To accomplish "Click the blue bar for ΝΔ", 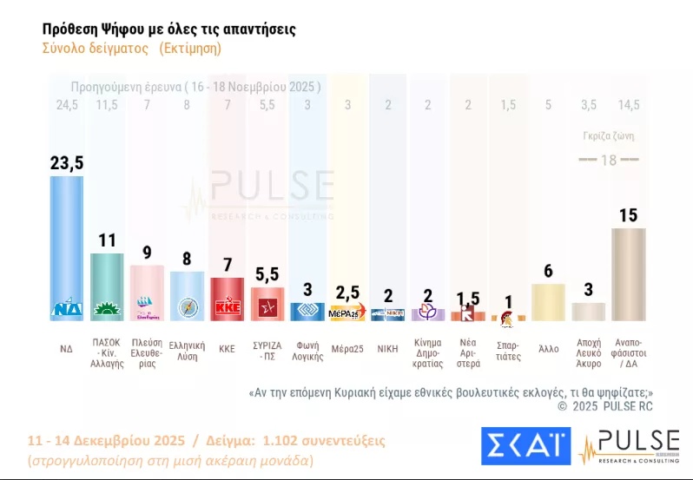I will click(x=67, y=247).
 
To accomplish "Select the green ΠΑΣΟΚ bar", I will click(x=108, y=286).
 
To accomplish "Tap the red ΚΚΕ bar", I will click(x=228, y=299).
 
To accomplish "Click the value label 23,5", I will click(x=68, y=161).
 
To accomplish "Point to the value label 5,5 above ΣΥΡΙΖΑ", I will click(x=267, y=273).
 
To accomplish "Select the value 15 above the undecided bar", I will click(x=628, y=214).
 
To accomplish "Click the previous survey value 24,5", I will click(x=67, y=105).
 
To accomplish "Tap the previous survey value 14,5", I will click(x=628, y=105).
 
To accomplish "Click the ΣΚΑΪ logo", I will click(x=525, y=445).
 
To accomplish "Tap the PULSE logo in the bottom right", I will click(x=630, y=445).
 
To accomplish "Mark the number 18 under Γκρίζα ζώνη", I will click(x=608, y=160).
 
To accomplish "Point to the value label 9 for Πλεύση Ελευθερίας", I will click(x=147, y=253).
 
